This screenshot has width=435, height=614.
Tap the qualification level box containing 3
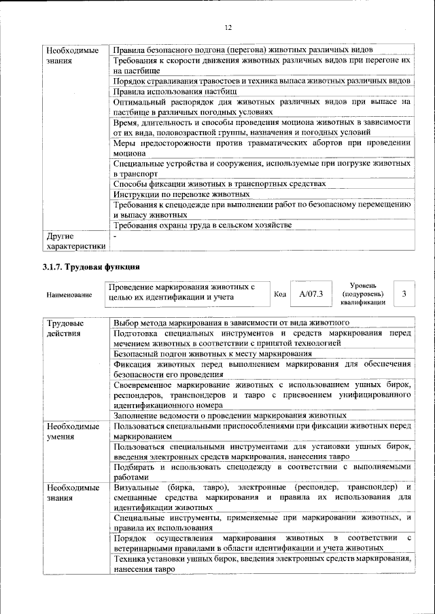[404, 293]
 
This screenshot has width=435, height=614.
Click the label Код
[279, 294]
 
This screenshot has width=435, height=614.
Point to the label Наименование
[70, 295]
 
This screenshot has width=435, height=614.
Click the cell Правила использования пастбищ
[175, 90]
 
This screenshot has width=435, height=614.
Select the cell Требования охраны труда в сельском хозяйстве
[203, 225]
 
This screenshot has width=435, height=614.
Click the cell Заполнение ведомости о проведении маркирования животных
[230, 415]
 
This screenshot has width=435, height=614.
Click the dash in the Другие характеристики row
[116, 236]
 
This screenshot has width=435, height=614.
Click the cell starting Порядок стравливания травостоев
[262, 80]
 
